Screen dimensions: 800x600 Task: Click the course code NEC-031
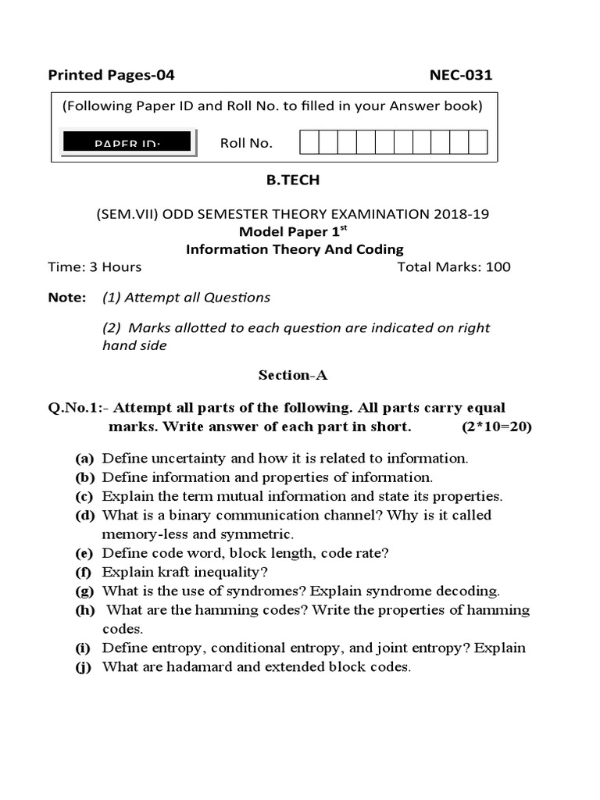[x=461, y=75]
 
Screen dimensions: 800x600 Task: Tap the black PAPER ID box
[x=127, y=141]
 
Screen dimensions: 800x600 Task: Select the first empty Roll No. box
[x=309, y=142]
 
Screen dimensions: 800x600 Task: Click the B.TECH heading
[x=293, y=180]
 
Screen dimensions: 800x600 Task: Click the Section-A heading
[x=293, y=375]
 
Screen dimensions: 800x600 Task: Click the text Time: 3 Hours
[x=95, y=266]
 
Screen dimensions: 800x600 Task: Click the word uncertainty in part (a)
[x=178, y=459]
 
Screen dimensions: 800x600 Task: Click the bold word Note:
[x=66, y=297]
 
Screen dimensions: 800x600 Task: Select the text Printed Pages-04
[x=111, y=75]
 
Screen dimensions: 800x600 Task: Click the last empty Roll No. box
[x=478, y=142]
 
